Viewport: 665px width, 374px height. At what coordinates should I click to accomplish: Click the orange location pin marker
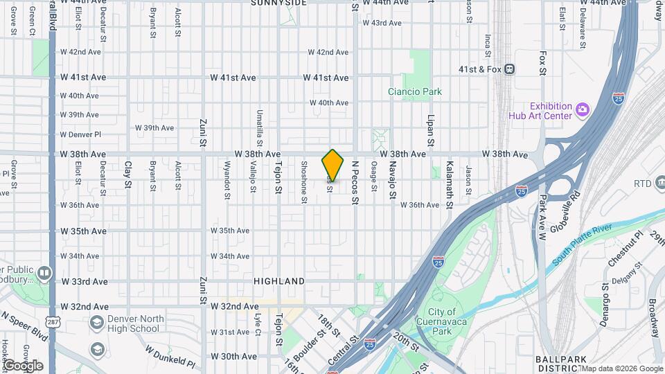(x=333, y=165)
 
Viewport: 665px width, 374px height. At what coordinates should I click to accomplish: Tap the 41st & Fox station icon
(x=509, y=69)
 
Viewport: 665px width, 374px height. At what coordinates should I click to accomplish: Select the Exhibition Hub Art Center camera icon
(x=583, y=109)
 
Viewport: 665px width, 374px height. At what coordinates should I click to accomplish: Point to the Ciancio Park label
(x=415, y=91)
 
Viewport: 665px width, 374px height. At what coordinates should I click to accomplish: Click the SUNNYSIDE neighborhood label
(x=278, y=3)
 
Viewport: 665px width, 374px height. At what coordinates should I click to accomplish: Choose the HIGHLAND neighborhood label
(x=279, y=281)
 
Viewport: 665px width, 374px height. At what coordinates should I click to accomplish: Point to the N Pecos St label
(x=355, y=183)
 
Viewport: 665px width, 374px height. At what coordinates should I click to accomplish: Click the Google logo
(x=23, y=365)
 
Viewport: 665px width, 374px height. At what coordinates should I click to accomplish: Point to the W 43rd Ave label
(x=382, y=23)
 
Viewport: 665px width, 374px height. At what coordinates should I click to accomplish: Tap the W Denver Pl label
(x=80, y=134)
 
